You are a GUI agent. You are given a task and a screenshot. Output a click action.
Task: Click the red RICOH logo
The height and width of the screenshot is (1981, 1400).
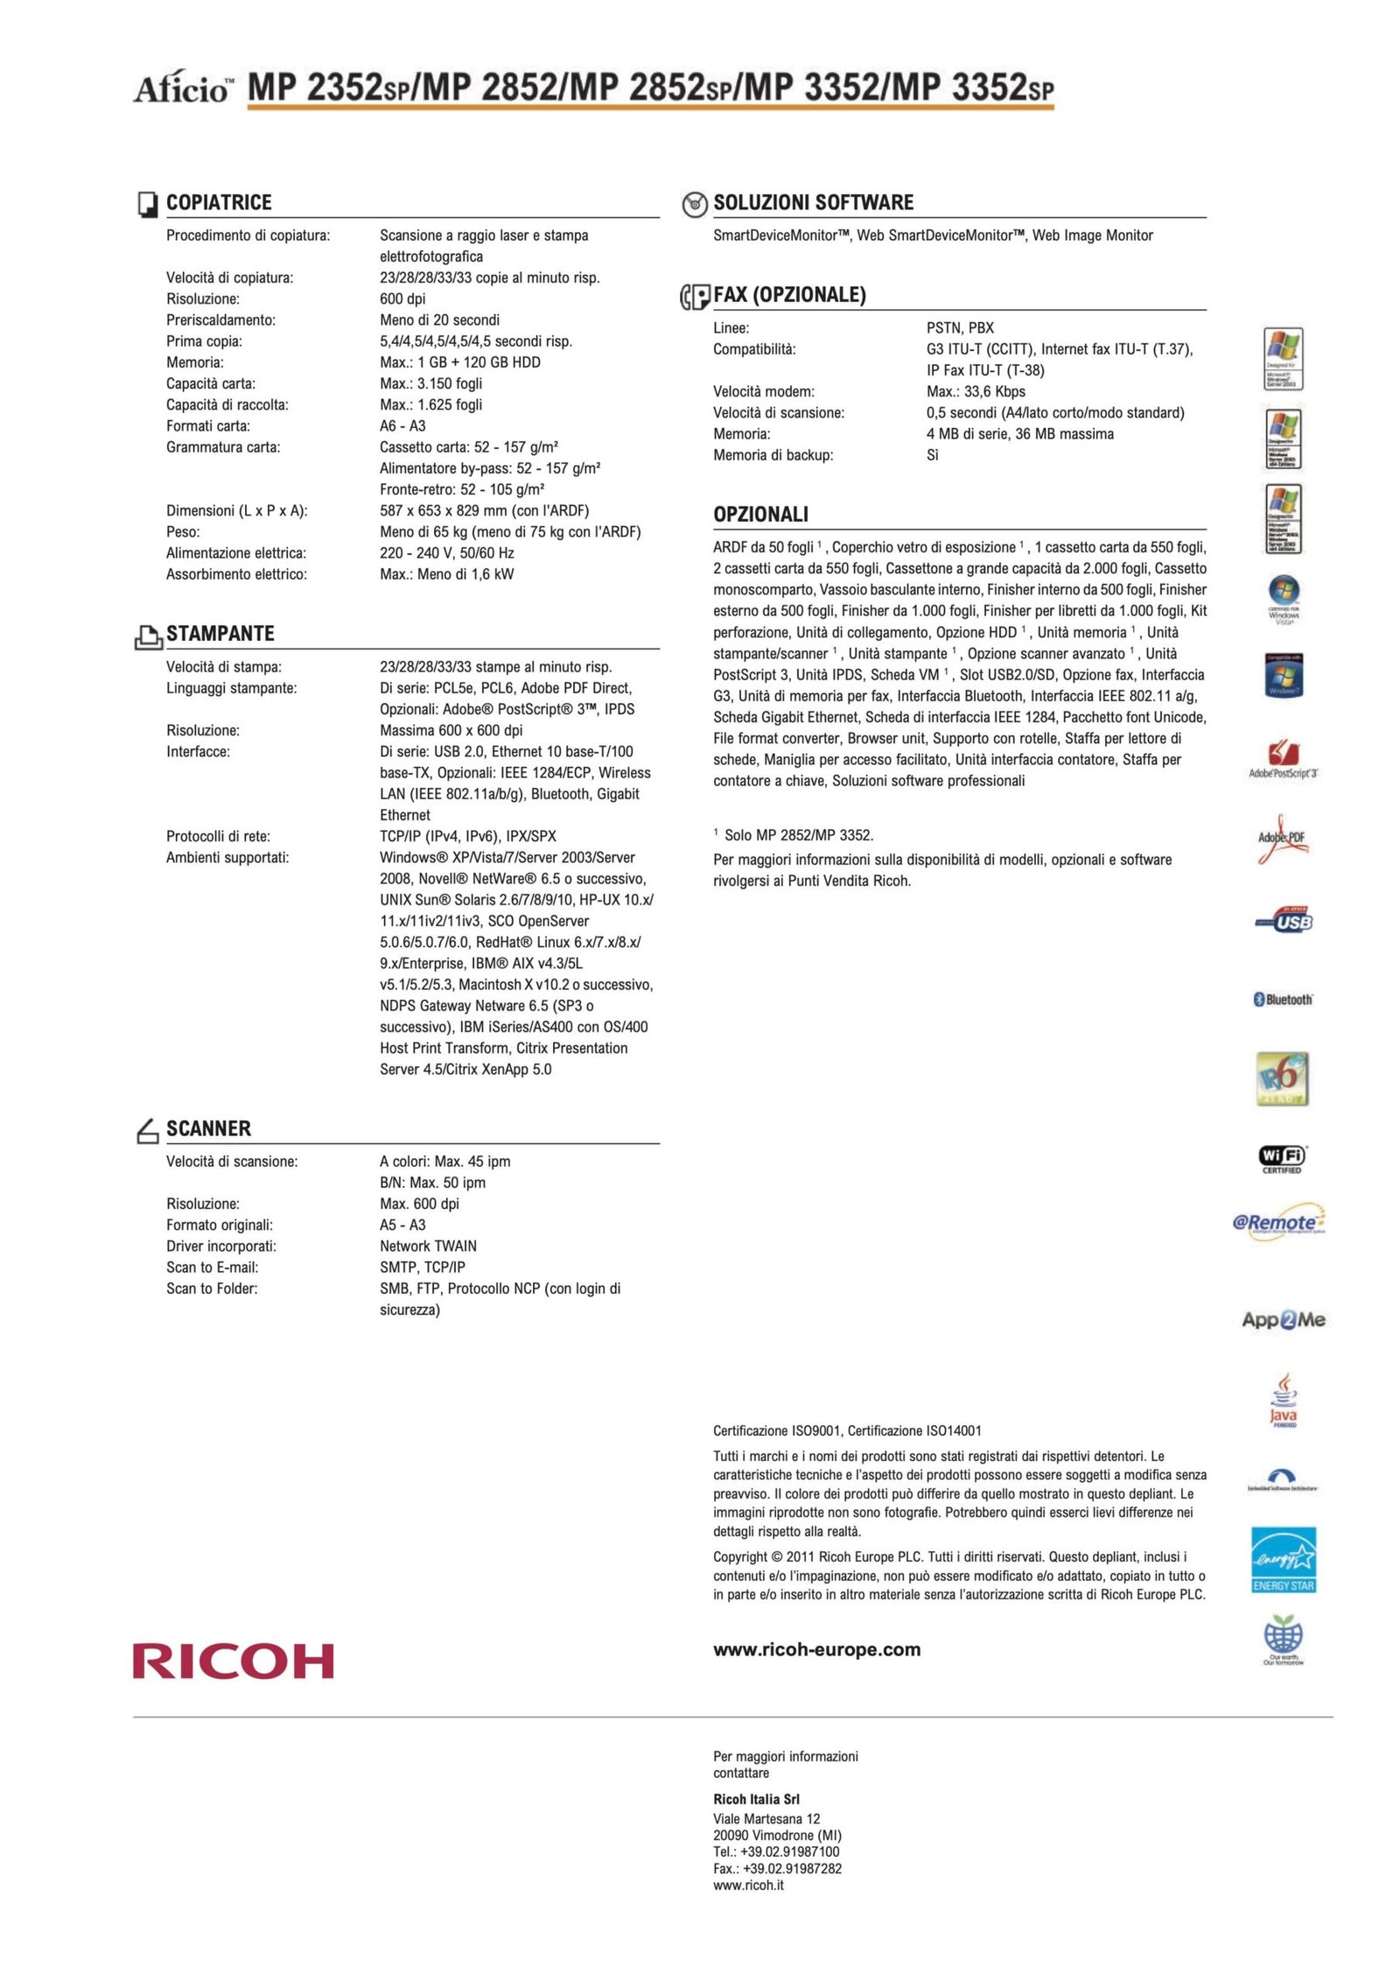pyautogui.click(x=233, y=1661)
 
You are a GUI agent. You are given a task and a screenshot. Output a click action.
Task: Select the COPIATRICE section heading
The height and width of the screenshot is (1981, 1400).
pyautogui.click(x=219, y=202)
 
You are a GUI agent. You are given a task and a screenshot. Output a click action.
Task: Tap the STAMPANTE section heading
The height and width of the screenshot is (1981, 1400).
pyautogui.click(x=220, y=633)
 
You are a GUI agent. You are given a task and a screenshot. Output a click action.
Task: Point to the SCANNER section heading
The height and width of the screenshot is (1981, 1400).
pyautogui.click(x=208, y=1128)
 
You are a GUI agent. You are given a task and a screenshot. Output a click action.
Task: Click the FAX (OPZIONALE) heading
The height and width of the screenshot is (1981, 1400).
pyautogui.click(x=789, y=295)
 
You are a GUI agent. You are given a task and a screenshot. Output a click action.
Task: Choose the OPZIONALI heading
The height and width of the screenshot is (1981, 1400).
pyautogui.click(x=760, y=514)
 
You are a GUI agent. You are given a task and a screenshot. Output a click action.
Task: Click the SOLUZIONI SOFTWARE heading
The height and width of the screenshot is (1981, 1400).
pyautogui.click(x=813, y=202)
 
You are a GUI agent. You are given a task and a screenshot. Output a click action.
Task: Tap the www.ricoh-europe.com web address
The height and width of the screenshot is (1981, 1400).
pyautogui.click(x=816, y=1649)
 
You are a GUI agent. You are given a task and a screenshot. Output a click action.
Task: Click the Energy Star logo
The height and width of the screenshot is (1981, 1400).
pyautogui.click(x=1283, y=1560)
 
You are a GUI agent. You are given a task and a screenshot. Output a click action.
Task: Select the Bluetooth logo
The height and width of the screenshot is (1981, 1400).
pyautogui.click(x=1283, y=999)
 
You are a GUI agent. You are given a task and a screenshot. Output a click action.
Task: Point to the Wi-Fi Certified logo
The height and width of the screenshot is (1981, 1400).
pyautogui.click(x=1283, y=1158)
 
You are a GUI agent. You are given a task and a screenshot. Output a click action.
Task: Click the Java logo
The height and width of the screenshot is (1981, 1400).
pyautogui.click(x=1283, y=1400)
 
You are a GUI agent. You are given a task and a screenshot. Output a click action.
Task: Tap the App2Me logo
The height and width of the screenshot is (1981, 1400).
pyautogui.click(x=1283, y=1319)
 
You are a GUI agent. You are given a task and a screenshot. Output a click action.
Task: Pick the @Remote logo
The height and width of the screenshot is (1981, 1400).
pyautogui.click(x=1278, y=1222)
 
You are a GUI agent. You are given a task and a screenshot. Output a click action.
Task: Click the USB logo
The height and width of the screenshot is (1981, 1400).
pyautogui.click(x=1284, y=920)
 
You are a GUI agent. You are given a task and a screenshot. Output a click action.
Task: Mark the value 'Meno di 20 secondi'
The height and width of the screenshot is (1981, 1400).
pyautogui.click(x=439, y=320)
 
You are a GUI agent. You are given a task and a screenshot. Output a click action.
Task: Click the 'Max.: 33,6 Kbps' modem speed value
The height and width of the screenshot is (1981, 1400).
pyautogui.click(x=976, y=391)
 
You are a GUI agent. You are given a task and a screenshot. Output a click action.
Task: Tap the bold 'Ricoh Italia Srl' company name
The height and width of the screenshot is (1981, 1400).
pyautogui.click(x=756, y=1799)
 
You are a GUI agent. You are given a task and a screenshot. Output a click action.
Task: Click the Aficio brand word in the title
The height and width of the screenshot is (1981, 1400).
pyautogui.click(x=182, y=88)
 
